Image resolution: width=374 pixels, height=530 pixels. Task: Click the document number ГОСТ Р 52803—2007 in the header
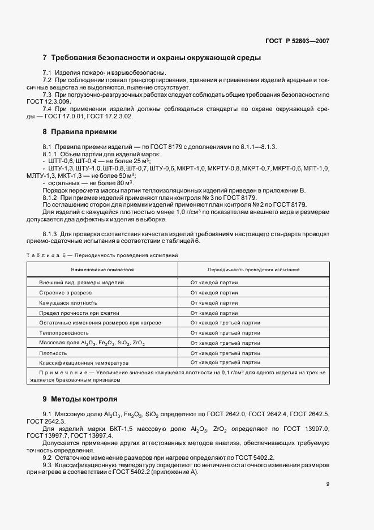coord(298,41)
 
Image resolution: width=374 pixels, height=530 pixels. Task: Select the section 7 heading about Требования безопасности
coord(152,58)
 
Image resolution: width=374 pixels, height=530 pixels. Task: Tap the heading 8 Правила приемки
coord(80,132)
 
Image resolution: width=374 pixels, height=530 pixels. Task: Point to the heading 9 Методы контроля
coord(80,399)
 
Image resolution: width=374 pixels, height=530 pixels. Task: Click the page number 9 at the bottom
coord(328,484)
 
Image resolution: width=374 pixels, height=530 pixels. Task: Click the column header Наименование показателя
coord(102,270)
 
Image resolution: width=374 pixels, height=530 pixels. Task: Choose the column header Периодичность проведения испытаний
coord(253,270)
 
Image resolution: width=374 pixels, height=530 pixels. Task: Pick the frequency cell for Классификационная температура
coord(225,362)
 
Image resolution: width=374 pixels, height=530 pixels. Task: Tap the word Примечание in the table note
coord(62,372)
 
